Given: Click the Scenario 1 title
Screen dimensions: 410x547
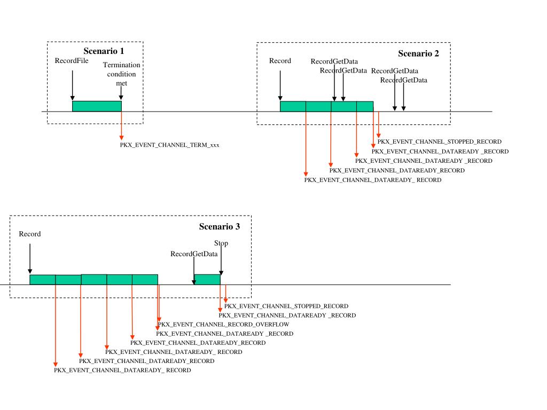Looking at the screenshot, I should (x=104, y=51).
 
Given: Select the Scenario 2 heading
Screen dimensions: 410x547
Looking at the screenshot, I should (x=418, y=53).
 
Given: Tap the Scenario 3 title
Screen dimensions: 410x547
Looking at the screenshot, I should (x=219, y=226).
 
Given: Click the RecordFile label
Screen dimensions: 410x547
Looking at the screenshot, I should (x=72, y=61).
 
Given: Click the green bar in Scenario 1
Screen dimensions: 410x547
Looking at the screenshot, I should (x=97, y=106).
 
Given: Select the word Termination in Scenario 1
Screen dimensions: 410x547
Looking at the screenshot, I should (x=121, y=65).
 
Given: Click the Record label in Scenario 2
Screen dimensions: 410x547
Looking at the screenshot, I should (x=280, y=61).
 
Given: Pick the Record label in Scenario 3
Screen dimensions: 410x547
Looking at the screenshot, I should (x=29, y=234).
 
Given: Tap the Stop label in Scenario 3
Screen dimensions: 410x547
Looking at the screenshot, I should (x=221, y=243).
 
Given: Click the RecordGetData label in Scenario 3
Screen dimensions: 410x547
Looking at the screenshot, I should (x=194, y=254).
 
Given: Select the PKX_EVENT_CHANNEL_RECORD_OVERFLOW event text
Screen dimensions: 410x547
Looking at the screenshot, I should (x=223, y=325).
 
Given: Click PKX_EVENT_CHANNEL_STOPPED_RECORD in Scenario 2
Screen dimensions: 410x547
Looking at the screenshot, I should (x=439, y=142).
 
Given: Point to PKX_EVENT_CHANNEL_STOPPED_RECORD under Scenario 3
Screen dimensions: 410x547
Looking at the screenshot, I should (x=286, y=306).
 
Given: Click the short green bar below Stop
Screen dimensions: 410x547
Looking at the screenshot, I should (x=207, y=279).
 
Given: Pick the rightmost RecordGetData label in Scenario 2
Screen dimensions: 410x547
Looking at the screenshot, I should (x=403, y=80).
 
